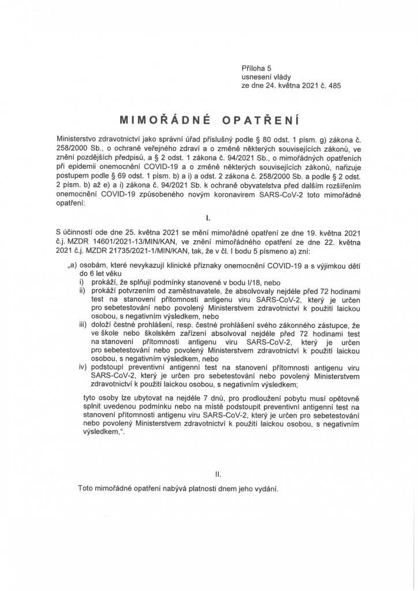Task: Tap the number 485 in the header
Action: pyautogui.click(x=334, y=84)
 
